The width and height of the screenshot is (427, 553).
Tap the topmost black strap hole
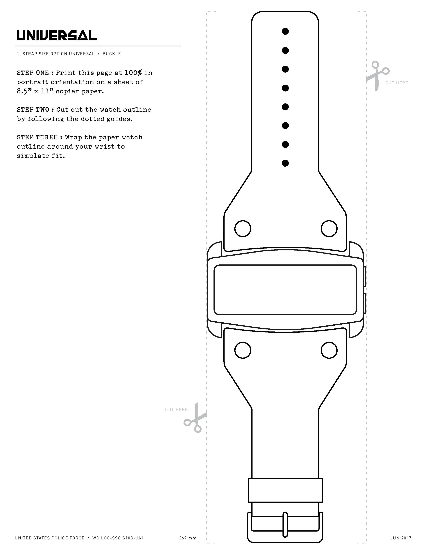pos(285,31)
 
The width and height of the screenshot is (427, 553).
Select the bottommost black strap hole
pos(285,163)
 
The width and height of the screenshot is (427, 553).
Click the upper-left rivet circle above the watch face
pos(243,229)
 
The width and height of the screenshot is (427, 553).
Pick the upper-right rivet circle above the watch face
pos(329,229)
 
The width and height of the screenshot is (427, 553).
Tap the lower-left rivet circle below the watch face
pos(243,350)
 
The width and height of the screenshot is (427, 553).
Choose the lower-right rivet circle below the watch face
pos(329,350)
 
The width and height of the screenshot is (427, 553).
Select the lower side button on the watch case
pos(365,303)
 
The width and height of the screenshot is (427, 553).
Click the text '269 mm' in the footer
pos(188,545)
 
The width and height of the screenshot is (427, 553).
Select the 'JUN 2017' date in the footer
pos(401,545)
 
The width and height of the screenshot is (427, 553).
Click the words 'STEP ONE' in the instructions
pos(33,73)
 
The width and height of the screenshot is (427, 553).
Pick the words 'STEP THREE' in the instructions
pos(37,137)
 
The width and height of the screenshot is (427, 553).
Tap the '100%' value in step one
pos(133,73)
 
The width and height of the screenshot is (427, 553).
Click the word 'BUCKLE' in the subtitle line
pos(112,54)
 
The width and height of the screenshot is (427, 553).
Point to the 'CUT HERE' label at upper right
pos(397,83)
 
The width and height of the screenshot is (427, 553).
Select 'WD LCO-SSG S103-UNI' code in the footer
pos(118,545)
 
